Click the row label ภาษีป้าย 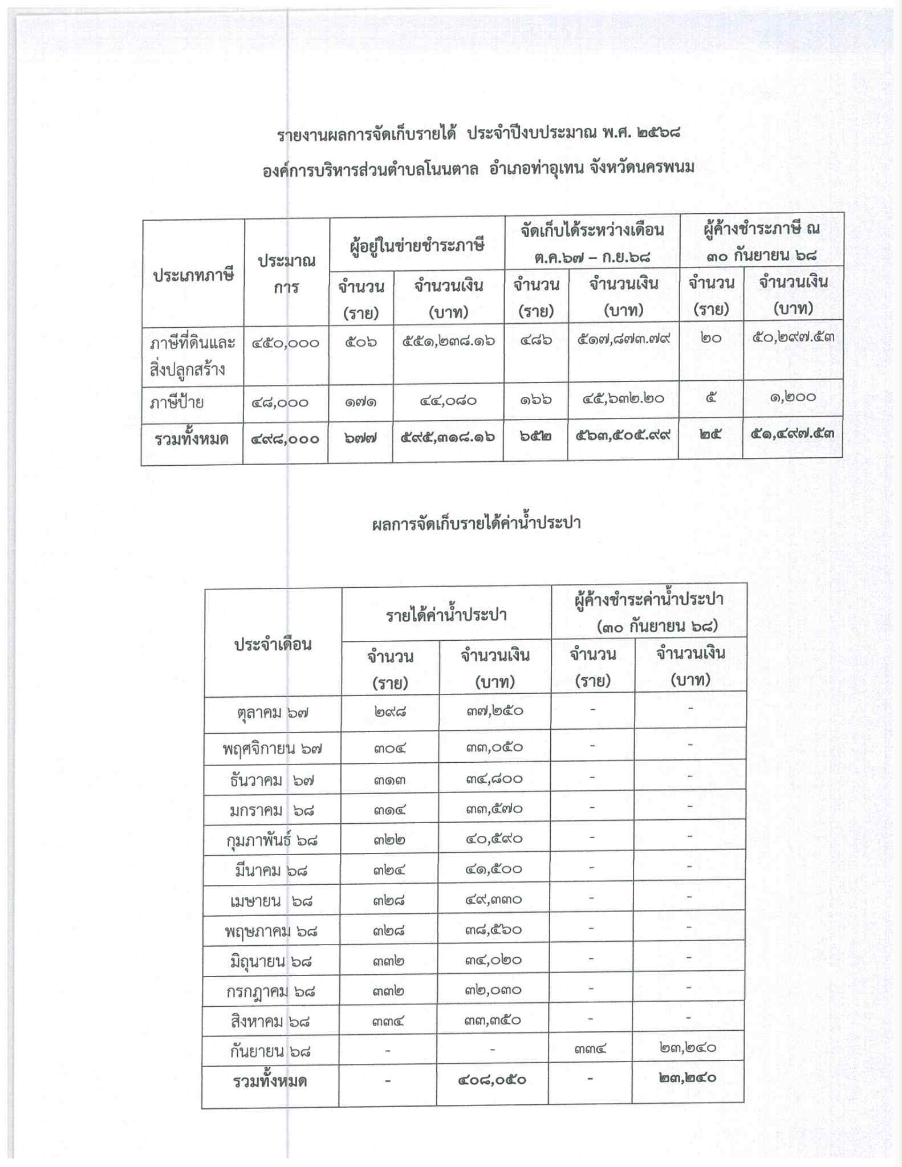176,403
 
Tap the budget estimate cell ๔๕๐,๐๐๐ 286,343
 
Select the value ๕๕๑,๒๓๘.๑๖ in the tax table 448,341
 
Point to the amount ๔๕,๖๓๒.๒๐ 623,399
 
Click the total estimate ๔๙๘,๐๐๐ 285,439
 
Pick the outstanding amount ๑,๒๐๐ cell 793,396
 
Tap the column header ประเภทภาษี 193,275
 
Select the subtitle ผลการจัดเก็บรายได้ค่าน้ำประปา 476,523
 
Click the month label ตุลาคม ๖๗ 273,713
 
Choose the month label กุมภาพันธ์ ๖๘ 272,840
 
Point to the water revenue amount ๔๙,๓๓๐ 494,900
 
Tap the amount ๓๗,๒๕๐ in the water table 494,711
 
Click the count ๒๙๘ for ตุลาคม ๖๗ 390,711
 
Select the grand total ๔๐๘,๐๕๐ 492,1079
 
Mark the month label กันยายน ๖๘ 271,1051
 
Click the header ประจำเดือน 273,644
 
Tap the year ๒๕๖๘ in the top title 657,133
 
